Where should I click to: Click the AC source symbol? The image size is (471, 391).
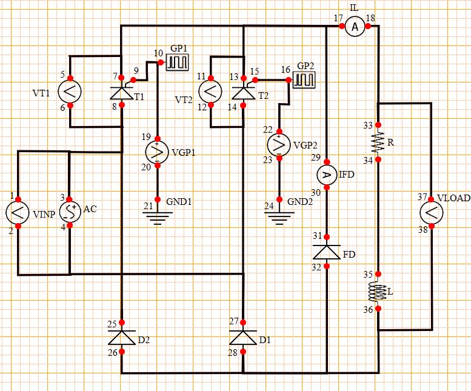pos(70,212)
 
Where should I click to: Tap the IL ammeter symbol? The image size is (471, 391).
pos(355,26)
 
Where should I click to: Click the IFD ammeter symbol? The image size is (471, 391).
pos(327,175)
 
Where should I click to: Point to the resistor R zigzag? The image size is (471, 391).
pos(378,142)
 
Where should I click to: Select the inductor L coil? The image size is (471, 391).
pos(378,292)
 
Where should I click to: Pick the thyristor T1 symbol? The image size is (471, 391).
pos(122,92)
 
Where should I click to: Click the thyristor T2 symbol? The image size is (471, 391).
pos(242,92)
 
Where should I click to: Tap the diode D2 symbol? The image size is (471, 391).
pos(122,336)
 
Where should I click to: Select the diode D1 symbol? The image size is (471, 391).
pos(242,336)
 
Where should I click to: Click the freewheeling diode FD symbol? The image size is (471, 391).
pos(327,251)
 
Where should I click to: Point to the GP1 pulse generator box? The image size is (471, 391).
pos(178,62)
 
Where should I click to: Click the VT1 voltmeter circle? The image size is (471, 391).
pos(70,92)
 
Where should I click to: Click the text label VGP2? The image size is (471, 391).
pos(305,145)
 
